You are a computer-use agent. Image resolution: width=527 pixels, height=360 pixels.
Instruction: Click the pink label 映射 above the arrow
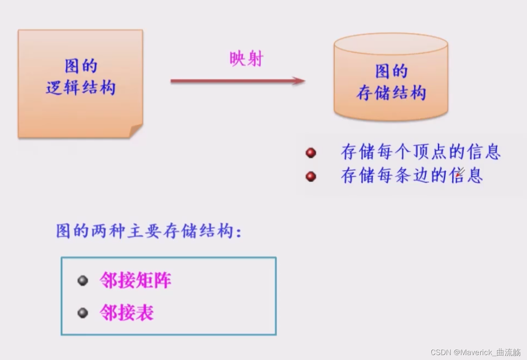click(246, 60)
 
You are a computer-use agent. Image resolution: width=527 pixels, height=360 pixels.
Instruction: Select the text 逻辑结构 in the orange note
click(81, 88)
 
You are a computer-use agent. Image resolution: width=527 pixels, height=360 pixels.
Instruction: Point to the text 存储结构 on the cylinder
click(391, 93)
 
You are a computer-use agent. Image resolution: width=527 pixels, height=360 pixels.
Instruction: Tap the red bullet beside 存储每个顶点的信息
click(311, 153)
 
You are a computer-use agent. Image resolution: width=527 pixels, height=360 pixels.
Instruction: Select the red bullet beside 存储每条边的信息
click(311, 177)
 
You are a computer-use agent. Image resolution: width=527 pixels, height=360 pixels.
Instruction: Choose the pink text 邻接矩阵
click(135, 281)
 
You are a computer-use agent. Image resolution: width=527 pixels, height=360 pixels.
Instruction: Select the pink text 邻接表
click(127, 313)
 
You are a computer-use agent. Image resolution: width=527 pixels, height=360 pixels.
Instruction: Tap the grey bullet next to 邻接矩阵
click(83, 281)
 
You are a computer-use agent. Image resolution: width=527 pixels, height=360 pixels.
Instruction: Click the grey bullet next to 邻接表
click(83, 313)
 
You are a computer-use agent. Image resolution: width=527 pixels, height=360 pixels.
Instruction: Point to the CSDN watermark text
click(475, 352)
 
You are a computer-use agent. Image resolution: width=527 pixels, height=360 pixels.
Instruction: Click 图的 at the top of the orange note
click(81, 66)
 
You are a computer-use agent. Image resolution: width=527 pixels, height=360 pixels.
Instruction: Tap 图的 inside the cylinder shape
click(391, 71)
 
